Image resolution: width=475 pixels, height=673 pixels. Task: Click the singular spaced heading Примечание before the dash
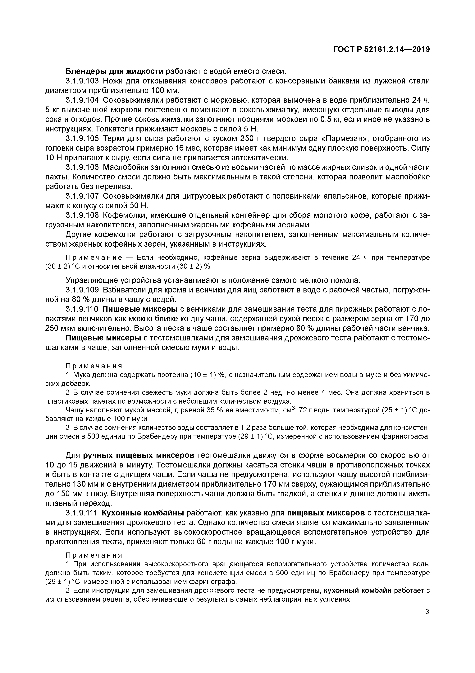coord(94,258)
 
